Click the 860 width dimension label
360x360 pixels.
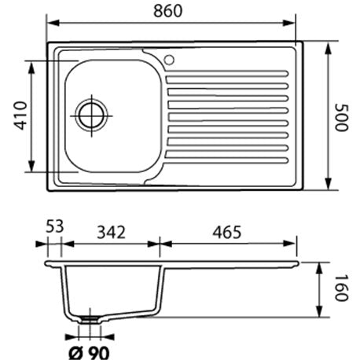(167, 11)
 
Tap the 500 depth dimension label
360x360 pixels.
(342, 118)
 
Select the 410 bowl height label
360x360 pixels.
(20, 116)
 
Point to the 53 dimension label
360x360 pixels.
(55, 226)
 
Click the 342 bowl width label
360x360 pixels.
(112, 232)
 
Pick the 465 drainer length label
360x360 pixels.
(226, 232)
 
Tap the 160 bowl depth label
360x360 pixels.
(342, 288)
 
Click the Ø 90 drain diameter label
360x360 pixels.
(89, 353)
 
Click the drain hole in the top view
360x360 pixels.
(92, 116)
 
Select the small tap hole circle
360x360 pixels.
(169, 60)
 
